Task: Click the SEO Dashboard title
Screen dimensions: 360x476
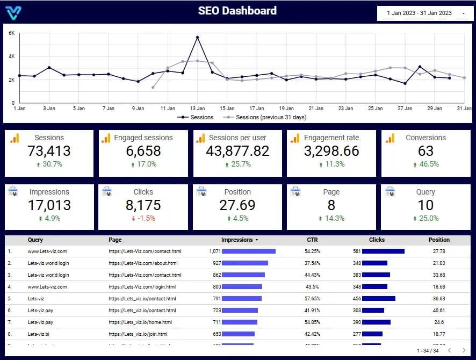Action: (237, 11)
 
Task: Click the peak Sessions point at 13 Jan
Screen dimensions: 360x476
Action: (198, 37)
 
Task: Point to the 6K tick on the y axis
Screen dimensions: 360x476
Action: (12, 33)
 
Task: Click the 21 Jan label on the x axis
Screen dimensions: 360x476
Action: (316, 109)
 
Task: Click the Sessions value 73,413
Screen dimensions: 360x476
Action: (49, 151)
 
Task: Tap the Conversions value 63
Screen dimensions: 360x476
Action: (425, 151)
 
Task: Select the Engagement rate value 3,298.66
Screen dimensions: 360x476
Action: (331, 151)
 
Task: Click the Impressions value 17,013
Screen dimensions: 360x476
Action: (49, 205)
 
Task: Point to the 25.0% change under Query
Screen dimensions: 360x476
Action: (425, 218)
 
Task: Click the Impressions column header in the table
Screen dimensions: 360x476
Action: (236, 240)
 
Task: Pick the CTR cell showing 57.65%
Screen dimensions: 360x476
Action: (312, 298)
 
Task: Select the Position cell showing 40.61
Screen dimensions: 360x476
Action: (439, 310)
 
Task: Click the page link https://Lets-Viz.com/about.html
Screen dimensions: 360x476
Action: (143, 263)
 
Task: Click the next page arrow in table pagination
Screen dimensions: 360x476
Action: (464, 351)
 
